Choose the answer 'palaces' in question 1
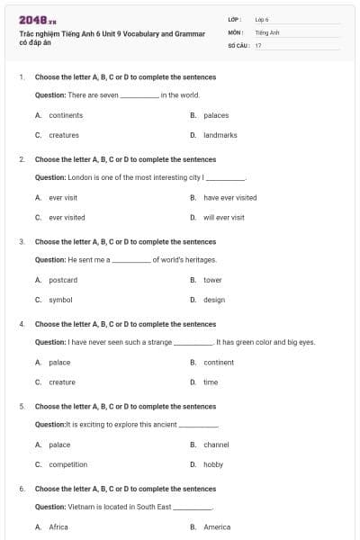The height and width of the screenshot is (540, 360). pos(216,115)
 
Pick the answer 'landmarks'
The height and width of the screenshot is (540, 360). pos(220,135)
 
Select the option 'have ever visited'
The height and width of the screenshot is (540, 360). pos(229,197)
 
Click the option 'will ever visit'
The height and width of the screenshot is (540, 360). pos(223,217)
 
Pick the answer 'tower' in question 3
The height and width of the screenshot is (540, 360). pos(212,280)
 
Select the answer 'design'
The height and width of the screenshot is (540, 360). pos(214,300)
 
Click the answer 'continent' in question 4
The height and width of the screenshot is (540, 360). pos(219,362)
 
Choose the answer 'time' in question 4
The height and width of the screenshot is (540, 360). pos(211,382)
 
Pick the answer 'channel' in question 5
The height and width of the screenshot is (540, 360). pos(216,445)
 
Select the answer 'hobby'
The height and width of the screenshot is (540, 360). pos(213,464)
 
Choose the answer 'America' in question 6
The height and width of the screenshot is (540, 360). pos(217,526)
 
